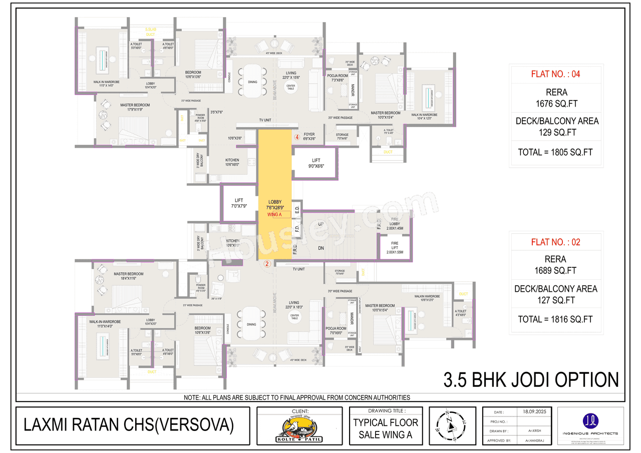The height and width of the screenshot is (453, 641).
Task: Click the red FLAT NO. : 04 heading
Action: [x=555, y=75]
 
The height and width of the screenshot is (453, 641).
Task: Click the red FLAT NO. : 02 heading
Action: [x=555, y=242]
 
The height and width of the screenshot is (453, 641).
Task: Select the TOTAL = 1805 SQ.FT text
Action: [x=555, y=152]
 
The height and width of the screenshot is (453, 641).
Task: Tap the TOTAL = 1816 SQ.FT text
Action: [x=555, y=319]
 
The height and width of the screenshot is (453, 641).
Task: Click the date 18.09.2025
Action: [x=535, y=411]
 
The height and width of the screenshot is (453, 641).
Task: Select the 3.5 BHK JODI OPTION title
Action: [x=531, y=379]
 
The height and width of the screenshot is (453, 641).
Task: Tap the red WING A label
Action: [x=275, y=214]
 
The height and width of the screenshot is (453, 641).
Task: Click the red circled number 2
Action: [x=267, y=264]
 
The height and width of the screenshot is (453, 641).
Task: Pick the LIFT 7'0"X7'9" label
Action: [x=238, y=203]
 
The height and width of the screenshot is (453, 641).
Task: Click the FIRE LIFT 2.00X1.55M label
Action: [x=395, y=249]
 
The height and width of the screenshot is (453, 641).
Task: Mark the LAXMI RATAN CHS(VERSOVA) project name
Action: [x=129, y=425]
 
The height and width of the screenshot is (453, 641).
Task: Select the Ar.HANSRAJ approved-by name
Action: [x=535, y=440]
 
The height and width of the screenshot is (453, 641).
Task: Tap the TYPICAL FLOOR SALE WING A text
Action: [x=385, y=428]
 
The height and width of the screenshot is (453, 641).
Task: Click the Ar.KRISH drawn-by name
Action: [x=535, y=430]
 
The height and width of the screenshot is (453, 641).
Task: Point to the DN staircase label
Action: [x=322, y=248]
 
